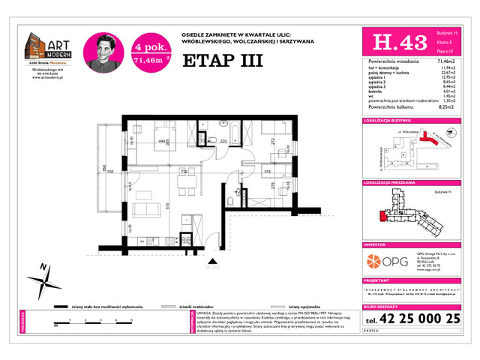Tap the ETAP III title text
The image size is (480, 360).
point(223,61)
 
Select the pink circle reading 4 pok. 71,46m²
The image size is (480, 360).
point(148,49)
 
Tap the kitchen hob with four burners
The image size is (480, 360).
point(160,241)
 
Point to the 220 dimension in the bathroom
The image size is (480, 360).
point(223,141)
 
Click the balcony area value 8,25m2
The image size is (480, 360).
point(450,107)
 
